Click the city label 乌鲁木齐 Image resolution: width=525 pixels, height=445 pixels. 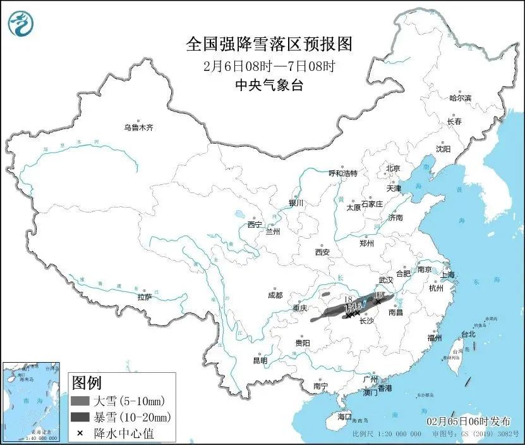pyautogui.click(x=138, y=127)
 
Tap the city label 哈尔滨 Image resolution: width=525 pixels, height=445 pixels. pyautogui.click(x=460, y=98)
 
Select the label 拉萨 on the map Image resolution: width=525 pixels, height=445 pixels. pyautogui.click(x=144, y=297)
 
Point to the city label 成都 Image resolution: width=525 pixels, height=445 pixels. pyautogui.click(x=275, y=295)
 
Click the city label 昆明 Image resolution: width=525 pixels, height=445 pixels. pyautogui.click(x=260, y=360)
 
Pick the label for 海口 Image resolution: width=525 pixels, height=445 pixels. pyautogui.click(x=344, y=417)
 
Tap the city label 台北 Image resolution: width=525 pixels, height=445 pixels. pyautogui.click(x=468, y=334)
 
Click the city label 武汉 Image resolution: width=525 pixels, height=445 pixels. pyautogui.click(x=385, y=279)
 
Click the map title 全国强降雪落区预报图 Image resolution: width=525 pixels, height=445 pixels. pyautogui.click(x=269, y=44)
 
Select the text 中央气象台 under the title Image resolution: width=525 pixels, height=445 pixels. pyautogui.click(x=269, y=85)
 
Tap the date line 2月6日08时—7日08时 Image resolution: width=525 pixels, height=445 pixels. pyautogui.click(x=269, y=65)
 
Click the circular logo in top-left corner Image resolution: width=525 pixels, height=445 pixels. pyautogui.click(x=20, y=24)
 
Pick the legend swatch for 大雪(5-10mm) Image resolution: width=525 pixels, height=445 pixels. pyautogui.click(x=80, y=401)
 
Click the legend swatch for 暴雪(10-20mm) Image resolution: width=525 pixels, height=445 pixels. pyautogui.click(x=80, y=417)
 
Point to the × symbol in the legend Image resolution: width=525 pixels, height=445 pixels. pyautogui.click(x=80, y=433)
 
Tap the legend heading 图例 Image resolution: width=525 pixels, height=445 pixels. pyautogui.click(x=87, y=383)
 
